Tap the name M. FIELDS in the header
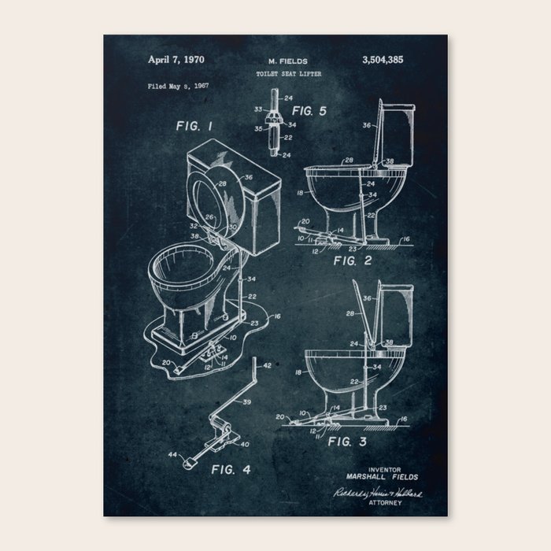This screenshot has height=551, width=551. (287, 60)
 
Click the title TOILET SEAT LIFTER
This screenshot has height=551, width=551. (288, 73)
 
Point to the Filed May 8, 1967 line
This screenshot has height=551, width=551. (179, 87)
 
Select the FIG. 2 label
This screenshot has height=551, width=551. (347, 259)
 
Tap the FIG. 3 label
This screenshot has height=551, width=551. (347, 442)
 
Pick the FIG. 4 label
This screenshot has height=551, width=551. (231, 470)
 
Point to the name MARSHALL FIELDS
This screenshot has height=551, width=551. (383, 476)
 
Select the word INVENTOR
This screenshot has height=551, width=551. (384, 468)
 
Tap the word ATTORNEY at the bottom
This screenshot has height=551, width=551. (384, 502)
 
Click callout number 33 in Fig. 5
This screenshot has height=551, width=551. (257, 109)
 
